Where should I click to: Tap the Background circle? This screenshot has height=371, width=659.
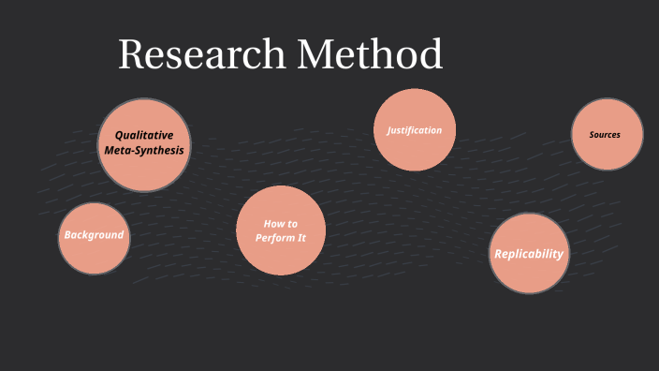(94, 238)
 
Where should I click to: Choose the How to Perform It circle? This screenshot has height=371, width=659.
(281, 230)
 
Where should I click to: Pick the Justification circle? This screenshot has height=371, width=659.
(415, 130)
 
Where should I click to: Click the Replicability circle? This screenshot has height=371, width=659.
(529, 254)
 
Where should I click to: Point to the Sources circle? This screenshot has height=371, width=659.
(608, 134)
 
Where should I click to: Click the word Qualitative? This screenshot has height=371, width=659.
(144, 135)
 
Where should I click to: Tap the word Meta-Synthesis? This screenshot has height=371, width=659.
(144, 150)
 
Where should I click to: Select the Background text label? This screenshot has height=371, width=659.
(94, 235)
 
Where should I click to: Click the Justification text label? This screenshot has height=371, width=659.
(415, 130)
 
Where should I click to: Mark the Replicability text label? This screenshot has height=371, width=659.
(529, 254)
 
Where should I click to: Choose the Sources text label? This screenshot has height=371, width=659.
(605, 135)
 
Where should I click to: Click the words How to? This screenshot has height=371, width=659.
(281, 224)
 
